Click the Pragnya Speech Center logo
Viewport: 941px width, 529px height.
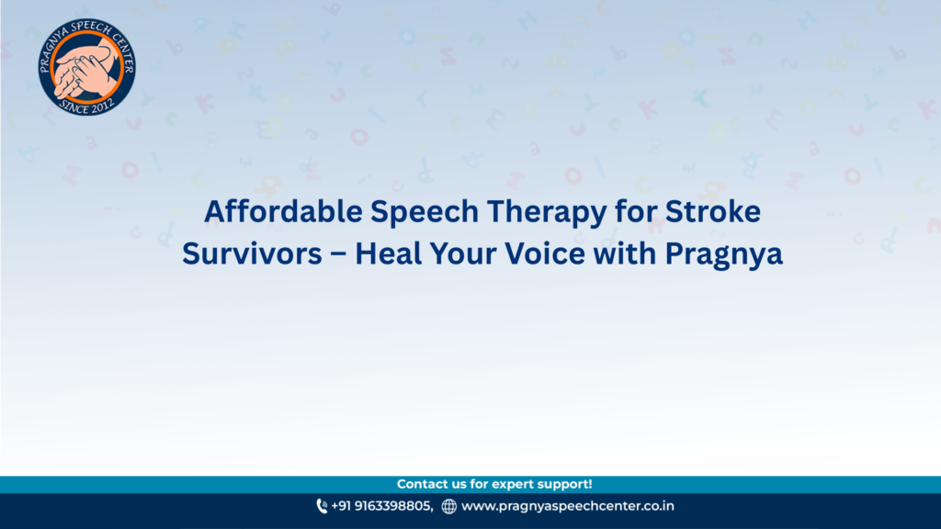pyautogui.click(x=86, y=66)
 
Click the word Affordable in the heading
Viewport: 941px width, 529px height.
pyautogui.click(x=283, y=212)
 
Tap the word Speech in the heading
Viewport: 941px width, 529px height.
pyautogui.click(x=425, y=213)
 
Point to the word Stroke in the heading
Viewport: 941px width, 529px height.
pyautogui.click(x=713, y=212)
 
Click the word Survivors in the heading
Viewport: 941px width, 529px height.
pyautogui.click(x=252, y=253)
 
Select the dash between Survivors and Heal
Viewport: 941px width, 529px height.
pyautogui.click(x=338, y=256)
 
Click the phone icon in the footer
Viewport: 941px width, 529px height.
pyautogui.click(x=322, y=507)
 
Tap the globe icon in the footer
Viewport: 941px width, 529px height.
pyautogui.click(x=448, y=507)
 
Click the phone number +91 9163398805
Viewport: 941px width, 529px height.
pyautogui.click(x=382, y=506)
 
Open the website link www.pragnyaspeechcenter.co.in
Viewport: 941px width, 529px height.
pyautogui.click(x=568, y=506)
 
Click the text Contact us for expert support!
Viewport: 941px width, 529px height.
pyautogui.click(x=494, y=484)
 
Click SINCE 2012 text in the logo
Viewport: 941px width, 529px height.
pyautogui.click(x=87, y=106)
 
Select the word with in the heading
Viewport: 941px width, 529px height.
pyautogui.click(x=625, y=253)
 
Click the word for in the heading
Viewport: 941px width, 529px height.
pyautogui.click(x=636, y=212)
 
